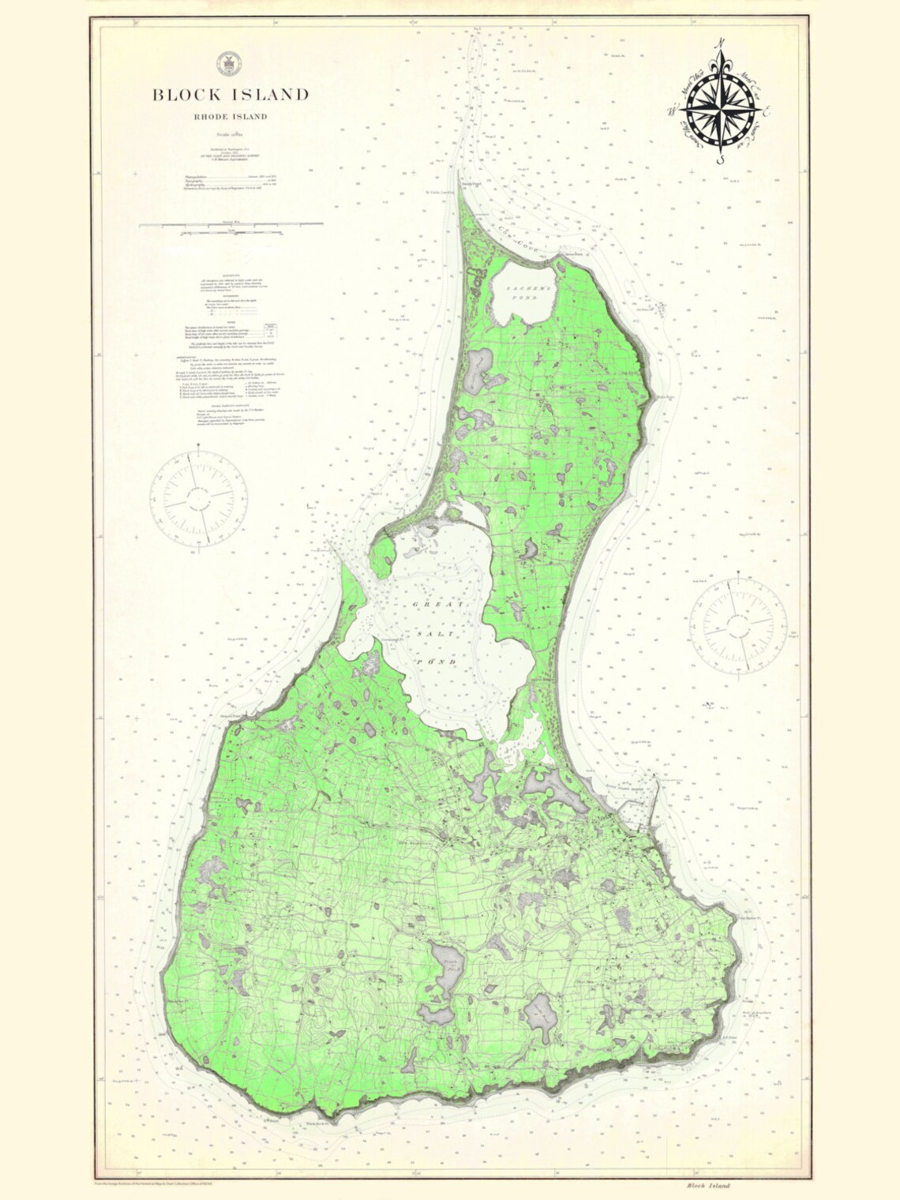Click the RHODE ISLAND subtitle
231,117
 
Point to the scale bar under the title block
231,225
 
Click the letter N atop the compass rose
719,45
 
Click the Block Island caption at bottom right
708,1184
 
